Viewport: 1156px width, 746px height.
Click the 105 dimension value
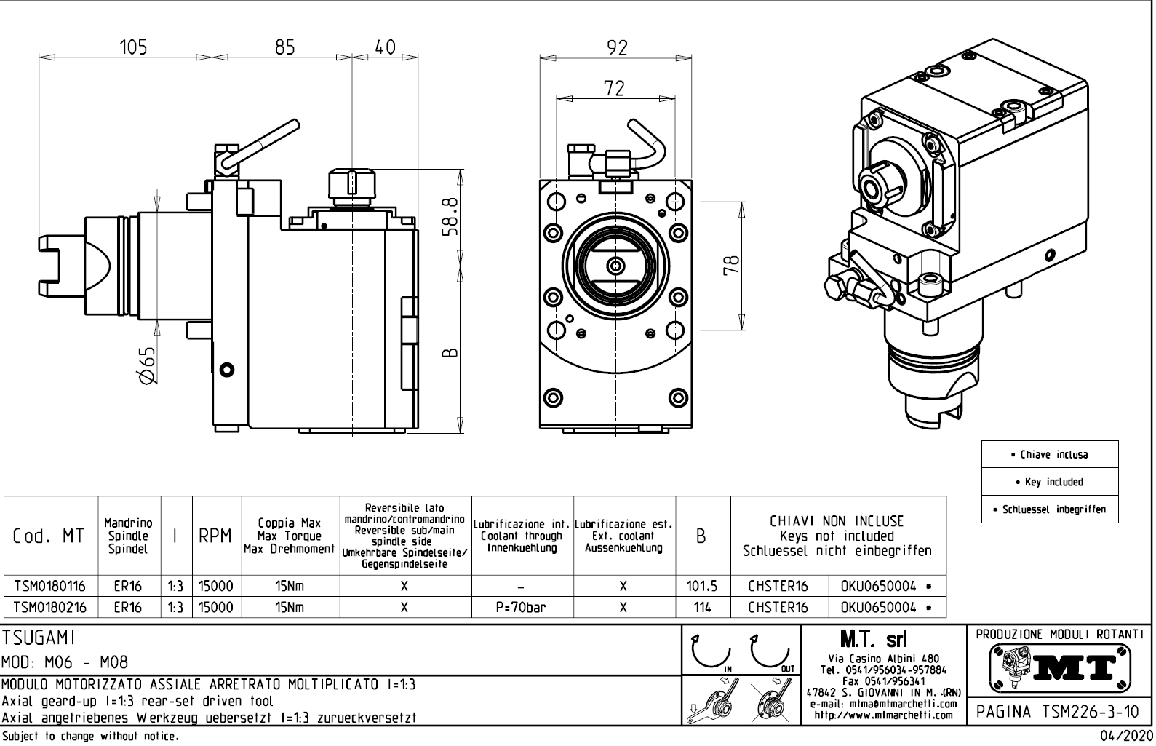[133, 47]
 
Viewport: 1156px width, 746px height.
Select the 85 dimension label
[285, 47]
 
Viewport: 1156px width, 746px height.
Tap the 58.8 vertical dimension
[449, 217]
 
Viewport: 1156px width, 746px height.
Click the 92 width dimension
[617, 47]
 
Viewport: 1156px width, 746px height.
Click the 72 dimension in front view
[614, 88]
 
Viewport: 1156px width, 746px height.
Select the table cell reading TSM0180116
[50, 586]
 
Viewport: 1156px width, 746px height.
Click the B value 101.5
[702, 586]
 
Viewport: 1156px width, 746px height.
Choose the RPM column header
[216, 536]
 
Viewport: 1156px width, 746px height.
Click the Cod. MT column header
[49, 536]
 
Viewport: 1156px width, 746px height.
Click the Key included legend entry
[1049, 482]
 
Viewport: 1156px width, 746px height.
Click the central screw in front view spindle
[617, 266]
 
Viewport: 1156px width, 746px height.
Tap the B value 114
[702, 607]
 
